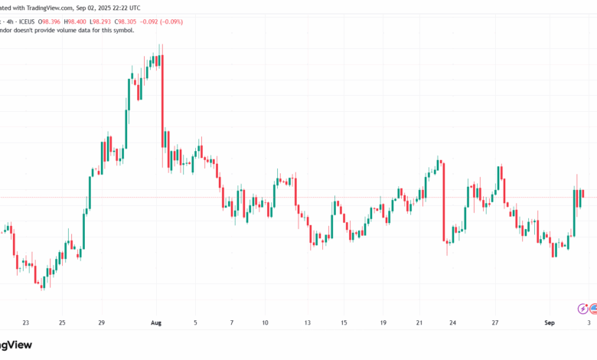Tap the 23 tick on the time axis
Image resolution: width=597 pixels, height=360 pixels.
pyautogui.click(x=26, y=323)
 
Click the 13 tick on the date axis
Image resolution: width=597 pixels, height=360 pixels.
pyautogui.click(x=306, y=323)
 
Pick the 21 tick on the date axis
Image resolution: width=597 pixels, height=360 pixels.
pyautogui.click(x=419, y=323)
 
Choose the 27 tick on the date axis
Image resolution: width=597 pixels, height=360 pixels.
pyautogui.click(x=495, y=323)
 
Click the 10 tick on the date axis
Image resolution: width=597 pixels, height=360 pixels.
pyautogui.click(x=265, y=323)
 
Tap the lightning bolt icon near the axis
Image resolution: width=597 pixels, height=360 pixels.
pyautogui.click(x=584, y=309)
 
